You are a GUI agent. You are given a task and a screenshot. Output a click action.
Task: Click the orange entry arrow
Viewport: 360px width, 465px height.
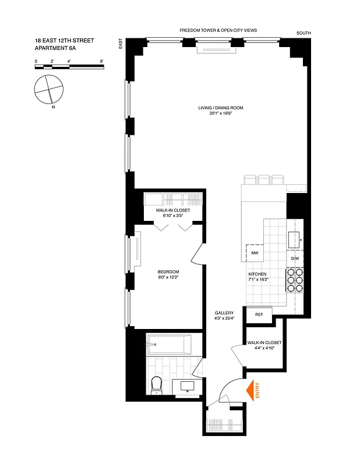253,389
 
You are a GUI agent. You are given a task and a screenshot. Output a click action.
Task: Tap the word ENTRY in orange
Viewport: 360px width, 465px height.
257,389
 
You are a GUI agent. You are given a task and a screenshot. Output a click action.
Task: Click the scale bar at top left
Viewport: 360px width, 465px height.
69,67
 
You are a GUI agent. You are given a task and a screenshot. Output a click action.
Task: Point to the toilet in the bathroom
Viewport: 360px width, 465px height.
156,384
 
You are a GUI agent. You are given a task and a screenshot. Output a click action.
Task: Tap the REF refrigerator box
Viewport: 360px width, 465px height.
259,314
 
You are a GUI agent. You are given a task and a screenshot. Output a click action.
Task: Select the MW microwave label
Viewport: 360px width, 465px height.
255,254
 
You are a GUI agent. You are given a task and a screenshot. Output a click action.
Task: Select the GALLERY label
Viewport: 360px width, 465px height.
224,313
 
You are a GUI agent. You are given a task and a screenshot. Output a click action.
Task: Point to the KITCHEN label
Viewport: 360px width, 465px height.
257,273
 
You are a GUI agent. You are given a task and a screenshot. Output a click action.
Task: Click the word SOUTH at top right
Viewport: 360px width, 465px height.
303,34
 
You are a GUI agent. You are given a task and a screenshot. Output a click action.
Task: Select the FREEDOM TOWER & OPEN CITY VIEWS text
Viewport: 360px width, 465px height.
218,30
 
